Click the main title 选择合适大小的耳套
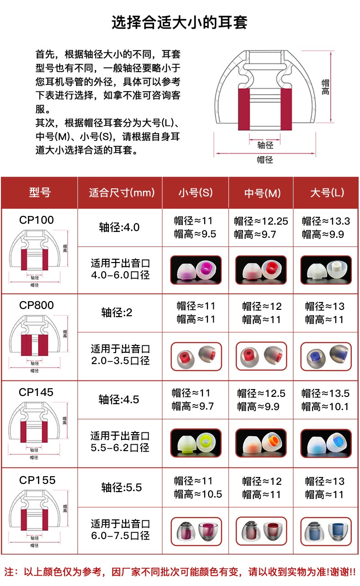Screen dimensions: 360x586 180,22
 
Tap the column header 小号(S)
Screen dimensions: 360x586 195,193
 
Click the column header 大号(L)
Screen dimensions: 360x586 327,193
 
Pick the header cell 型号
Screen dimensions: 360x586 40,192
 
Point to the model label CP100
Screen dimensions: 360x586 36,220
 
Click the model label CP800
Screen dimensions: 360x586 36,305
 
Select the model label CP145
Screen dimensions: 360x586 36,392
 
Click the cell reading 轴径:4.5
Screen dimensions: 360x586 119,400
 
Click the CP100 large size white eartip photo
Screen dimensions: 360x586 326,271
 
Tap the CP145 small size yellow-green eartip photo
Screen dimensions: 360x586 195,443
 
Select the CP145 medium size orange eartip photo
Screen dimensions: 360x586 261,443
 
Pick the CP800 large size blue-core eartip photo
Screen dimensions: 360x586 326,357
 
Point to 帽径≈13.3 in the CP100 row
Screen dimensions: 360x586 326,221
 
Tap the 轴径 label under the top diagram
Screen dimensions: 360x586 265,145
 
